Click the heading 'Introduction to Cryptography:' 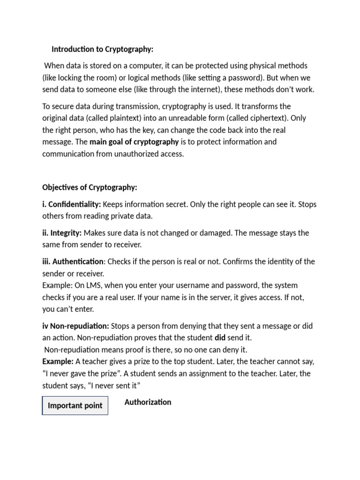pyautogui.click(x=102, y=49)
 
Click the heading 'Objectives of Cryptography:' pyautogui.click(x=90, y=187)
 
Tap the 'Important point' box pyautogui.click(x=75, y=406)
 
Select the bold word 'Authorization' pyautogui.click(x=148, y=402)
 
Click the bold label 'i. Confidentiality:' pyautogui.click(x=71, y=204)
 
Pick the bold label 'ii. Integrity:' pyautogui.click(x=62, y=233)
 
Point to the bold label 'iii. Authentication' pyautogui.click(x=73, y=262)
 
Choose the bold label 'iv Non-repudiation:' pyautogui.click(x=75, y=326)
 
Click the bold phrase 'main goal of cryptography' pyautogui.click(x=134, y=142)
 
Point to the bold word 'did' pyautogui.click(x=220, y=338)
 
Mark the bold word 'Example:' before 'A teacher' pyautogui.click(x=58, y=362)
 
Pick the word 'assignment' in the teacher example pyautogui.click(x=195, y=374)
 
